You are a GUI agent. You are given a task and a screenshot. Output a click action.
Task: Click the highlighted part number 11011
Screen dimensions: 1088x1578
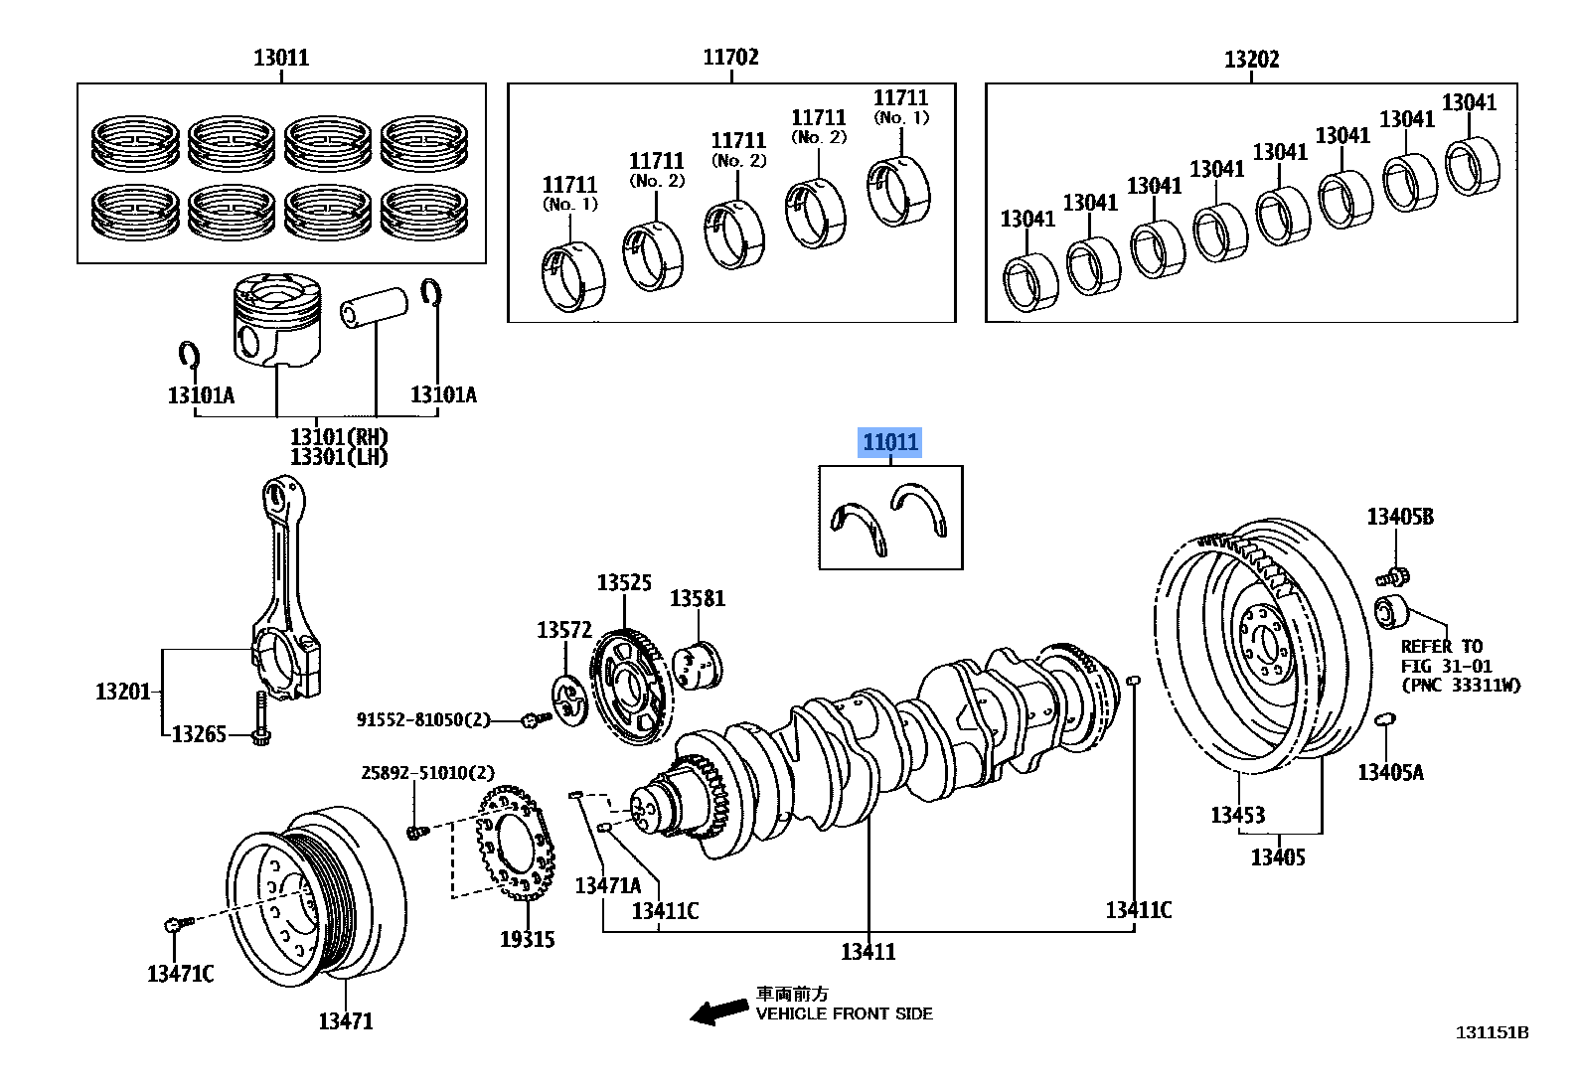coord(890,442)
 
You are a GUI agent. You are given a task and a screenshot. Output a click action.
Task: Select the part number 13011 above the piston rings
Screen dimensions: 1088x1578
coord(281,58)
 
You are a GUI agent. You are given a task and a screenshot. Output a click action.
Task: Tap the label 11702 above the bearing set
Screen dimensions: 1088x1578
coord(730,58)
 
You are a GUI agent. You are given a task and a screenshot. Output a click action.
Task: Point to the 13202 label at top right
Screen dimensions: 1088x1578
coord(1251,60)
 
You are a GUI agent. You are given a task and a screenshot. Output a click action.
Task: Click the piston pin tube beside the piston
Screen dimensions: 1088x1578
coord(375,307)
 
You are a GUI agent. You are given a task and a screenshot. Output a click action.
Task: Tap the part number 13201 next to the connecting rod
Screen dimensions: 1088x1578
coord(122,691)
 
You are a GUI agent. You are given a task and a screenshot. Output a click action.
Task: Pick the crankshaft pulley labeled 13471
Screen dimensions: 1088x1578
coord(316,897)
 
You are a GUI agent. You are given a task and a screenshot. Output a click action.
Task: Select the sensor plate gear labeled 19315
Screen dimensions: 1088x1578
coord(515,843)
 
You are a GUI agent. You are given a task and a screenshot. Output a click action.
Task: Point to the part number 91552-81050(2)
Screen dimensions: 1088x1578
coord(423,719)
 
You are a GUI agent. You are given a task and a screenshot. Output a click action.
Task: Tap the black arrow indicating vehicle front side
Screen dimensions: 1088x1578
coord(719,1011)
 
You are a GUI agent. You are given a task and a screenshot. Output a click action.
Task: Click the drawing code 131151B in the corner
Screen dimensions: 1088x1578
coord(1492,1032)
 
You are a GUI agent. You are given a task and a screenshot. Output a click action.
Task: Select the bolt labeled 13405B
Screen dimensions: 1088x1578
coord(1394,575)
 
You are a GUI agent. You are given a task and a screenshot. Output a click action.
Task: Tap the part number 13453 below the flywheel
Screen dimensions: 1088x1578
coord(1237,815)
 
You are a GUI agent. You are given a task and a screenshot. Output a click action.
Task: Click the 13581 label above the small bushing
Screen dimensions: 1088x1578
coord(697,598)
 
